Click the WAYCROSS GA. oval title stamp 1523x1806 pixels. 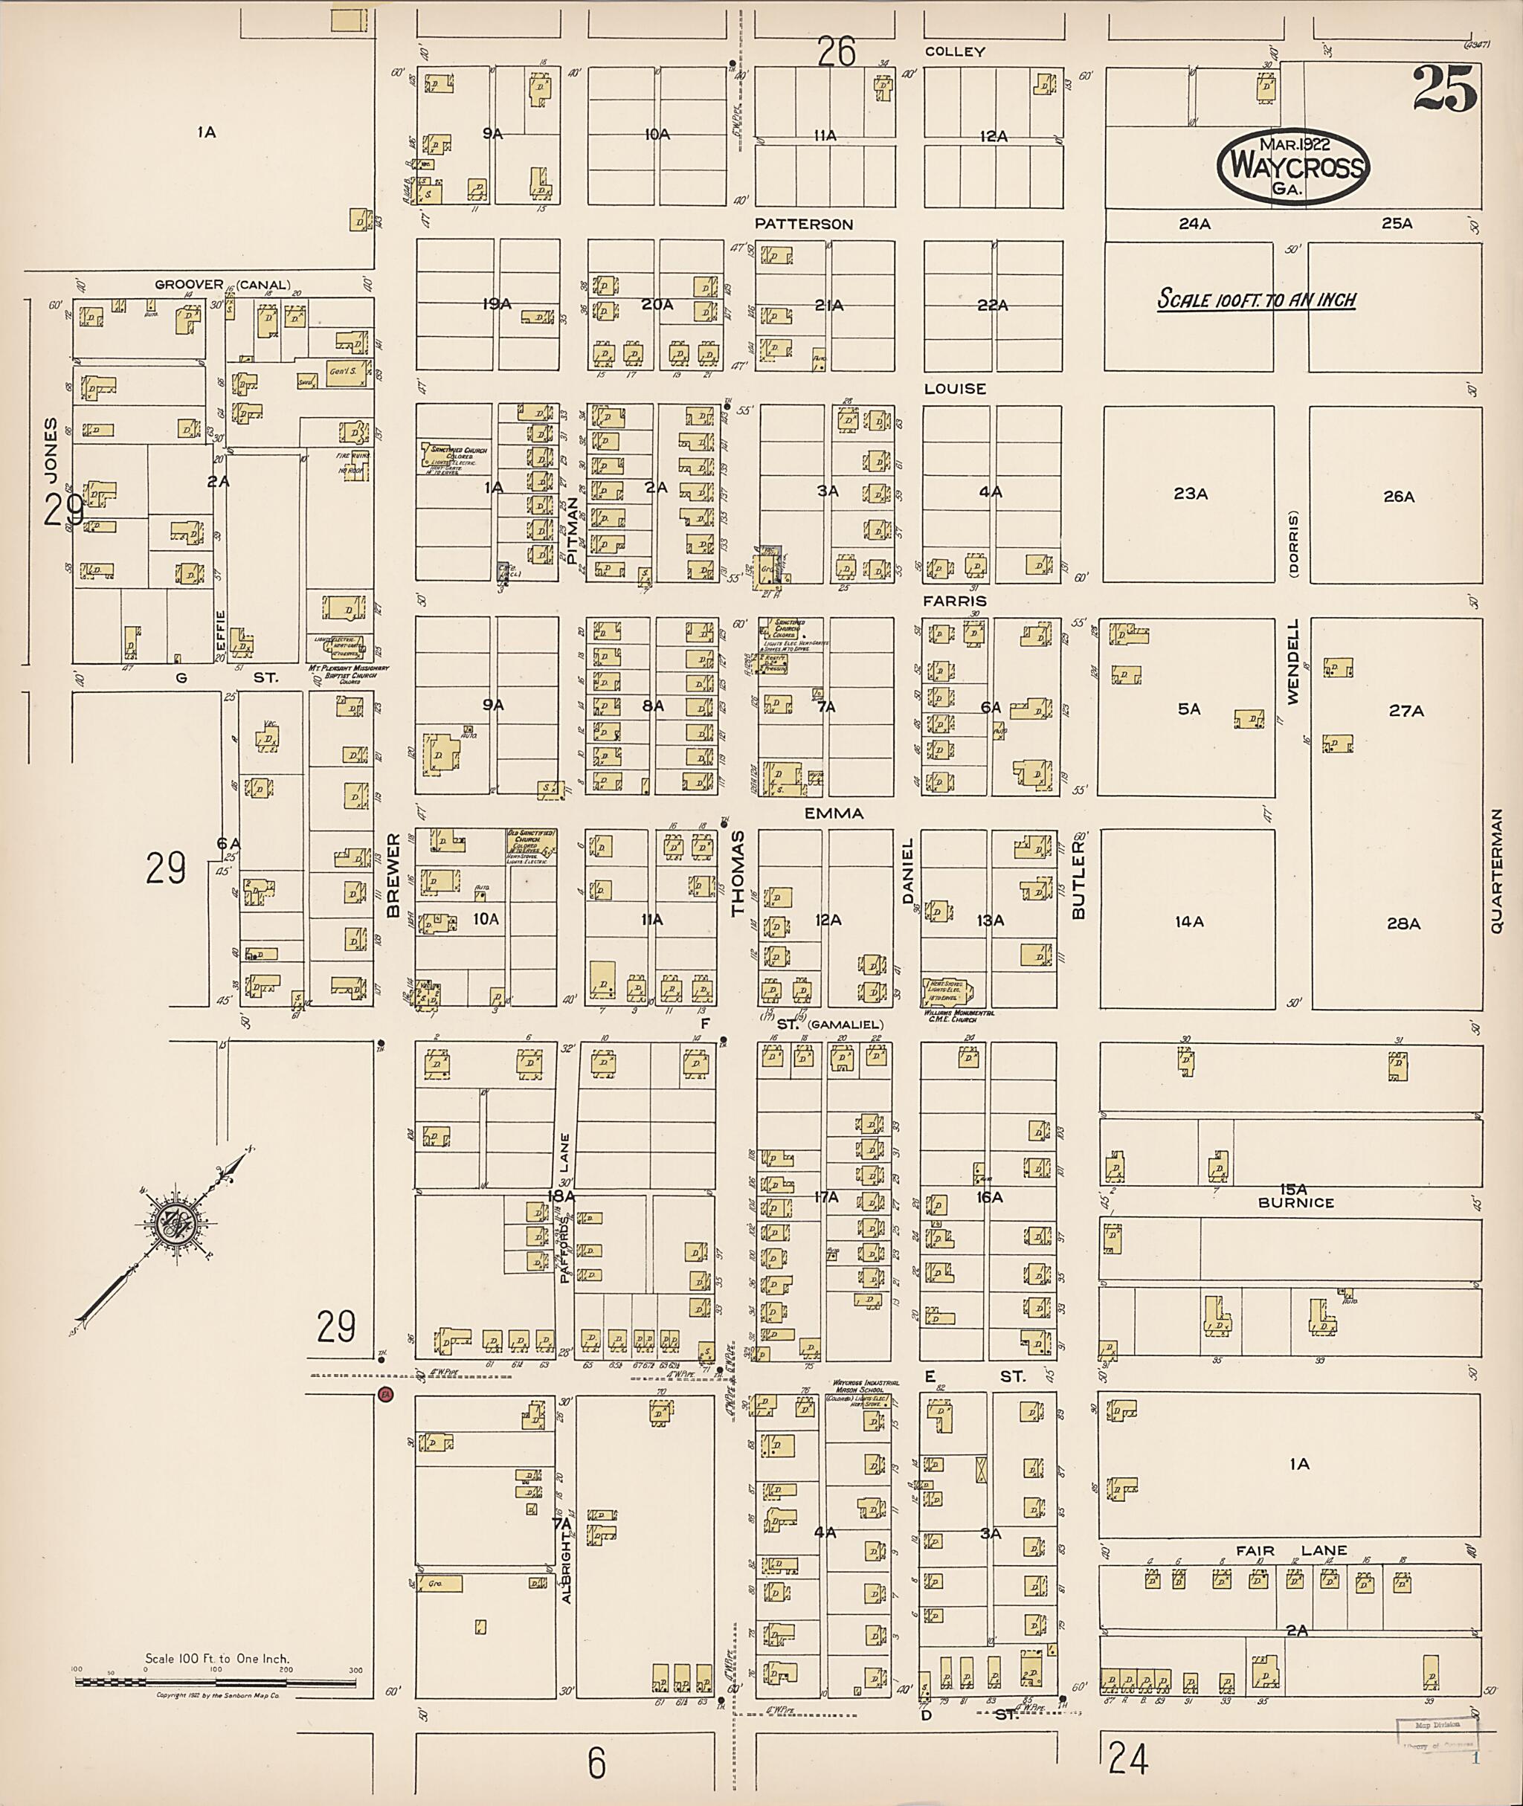1292,167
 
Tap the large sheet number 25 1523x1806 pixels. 1444,89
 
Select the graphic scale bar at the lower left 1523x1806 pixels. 218,1682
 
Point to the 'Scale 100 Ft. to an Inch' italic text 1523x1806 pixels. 1256,300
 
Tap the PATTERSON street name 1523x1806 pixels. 803,224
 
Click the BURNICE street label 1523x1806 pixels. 1296,1202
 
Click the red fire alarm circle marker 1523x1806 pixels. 385,1393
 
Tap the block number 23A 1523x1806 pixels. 1190,494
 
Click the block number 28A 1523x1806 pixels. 1403,923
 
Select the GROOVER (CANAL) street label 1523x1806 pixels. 222,284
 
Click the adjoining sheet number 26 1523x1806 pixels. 836,52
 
